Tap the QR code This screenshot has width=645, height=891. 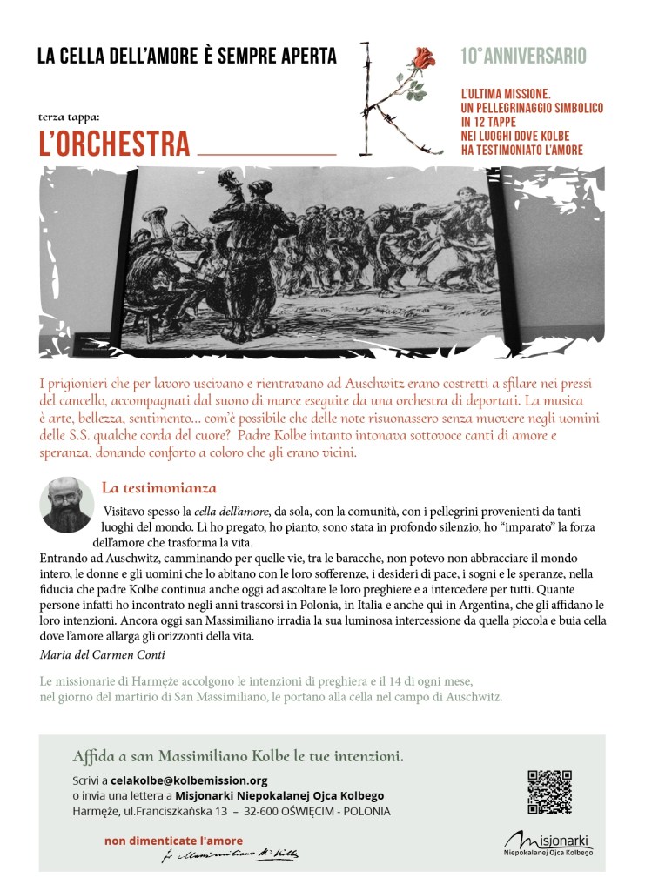point(550,791)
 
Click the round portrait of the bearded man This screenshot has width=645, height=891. point(67,505)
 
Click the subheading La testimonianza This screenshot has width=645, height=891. point(158,488)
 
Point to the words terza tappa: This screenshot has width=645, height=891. point(70,116)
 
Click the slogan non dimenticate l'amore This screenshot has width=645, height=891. point(173,841)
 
